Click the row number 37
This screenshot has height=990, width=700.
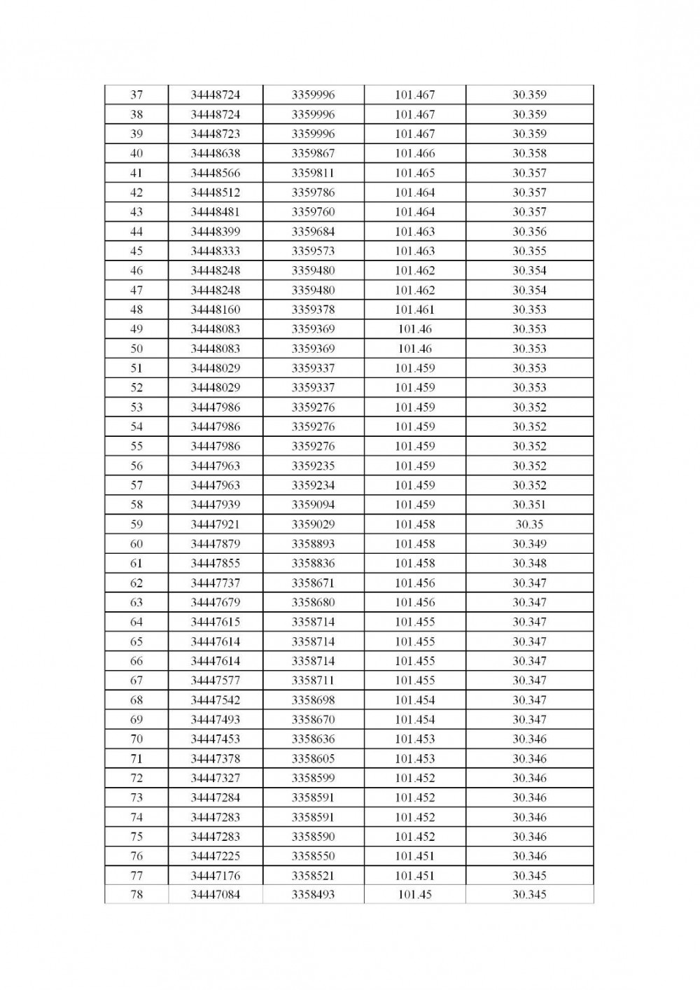[136, 95]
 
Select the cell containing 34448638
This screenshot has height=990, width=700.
[216, 153]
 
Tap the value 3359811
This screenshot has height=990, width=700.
[313, 173]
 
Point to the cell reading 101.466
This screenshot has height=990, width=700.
[414, 153]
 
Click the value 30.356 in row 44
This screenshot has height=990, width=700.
[529, 232]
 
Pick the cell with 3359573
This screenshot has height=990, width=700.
[313, 251]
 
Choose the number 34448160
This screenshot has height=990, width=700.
[216, 309]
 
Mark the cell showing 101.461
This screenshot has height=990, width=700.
[414, 309]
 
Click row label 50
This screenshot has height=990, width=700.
[136, 349]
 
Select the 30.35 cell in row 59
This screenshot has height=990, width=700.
[529, 524]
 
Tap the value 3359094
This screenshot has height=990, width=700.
[313, 505]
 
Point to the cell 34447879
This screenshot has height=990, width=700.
[216, 544]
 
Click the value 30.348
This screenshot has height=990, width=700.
[529, 563]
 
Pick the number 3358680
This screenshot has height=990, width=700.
[313, 602]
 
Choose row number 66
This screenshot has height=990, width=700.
[136, 661]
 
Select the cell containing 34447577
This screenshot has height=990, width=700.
[216, 681]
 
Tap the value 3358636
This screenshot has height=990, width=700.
[313, 739]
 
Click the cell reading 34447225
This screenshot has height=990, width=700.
[216, 856]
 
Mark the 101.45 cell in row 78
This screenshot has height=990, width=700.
[414, 895]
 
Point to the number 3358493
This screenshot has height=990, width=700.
[313, 895]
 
